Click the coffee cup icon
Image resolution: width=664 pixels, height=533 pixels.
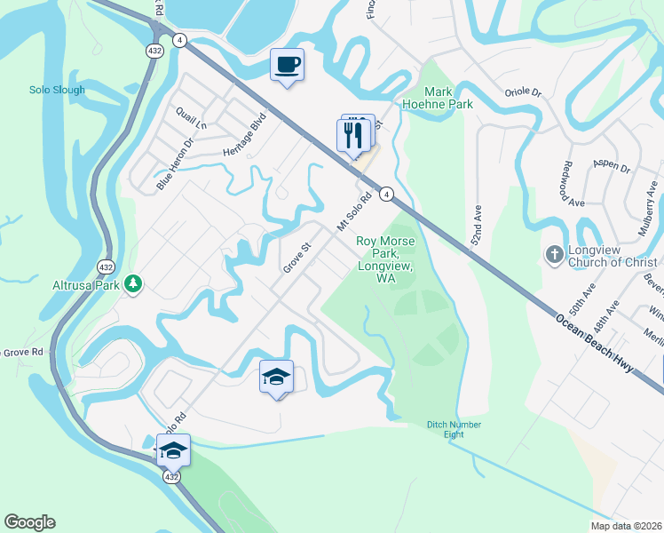[287, 65]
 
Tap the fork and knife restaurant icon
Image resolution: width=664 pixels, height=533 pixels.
[352, 135]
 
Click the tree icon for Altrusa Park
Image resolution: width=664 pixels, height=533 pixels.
[133, 283]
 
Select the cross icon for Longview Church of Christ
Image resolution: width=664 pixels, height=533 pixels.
[553, 255]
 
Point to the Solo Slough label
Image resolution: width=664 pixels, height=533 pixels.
[57, 90]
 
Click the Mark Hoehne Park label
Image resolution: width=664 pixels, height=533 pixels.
[448, 98]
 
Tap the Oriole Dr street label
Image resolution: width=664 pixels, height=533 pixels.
[523, 91]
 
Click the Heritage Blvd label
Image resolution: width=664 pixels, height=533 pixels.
[245, 134]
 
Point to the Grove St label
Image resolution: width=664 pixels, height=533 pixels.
[297, 257]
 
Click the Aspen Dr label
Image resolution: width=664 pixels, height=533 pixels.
[613, 167]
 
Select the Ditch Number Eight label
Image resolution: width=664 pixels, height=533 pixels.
[454, 430]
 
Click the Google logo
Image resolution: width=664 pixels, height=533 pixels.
[29, 522]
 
